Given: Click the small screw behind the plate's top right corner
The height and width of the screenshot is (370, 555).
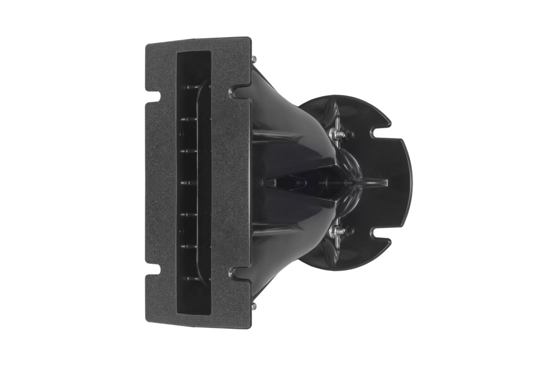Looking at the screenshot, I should click(254, 59).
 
